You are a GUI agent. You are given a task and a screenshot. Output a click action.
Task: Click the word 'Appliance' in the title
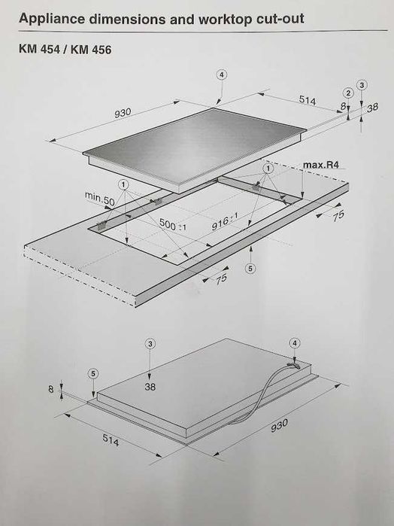coord(52,19)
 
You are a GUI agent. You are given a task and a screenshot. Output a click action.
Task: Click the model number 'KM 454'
coord(39,50)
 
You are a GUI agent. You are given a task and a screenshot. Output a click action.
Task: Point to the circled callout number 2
coord(348,93)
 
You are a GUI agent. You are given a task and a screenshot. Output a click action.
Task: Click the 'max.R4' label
coord(321,165)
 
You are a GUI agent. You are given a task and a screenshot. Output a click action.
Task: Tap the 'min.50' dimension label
coord(99,198)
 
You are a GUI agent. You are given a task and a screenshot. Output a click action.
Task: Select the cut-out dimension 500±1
coord(173,224)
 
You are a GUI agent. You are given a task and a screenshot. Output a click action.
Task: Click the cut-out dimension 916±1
coord(225,222)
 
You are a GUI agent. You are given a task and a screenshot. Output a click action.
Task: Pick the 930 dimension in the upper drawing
coord(123,113)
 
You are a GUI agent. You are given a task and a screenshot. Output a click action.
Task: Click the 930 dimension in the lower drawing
coord(279,425)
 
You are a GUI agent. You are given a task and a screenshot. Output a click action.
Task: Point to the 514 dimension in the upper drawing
coord(308,100)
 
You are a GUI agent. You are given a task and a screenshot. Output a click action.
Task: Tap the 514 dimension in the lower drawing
coord(111,440)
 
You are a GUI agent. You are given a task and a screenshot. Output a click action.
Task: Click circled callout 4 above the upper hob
coord(221,74)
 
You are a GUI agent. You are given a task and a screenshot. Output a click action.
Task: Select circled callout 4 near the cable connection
coord(295,343)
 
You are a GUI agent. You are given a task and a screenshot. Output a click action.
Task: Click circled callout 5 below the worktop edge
coord(250,268)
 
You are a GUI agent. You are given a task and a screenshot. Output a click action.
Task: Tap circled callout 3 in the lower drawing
coord(150,343)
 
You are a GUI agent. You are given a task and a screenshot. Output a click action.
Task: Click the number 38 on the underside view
coord(150,387)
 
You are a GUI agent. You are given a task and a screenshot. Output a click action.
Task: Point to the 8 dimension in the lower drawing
coord(51,389)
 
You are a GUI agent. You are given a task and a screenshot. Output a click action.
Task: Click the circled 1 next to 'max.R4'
coord(268,169)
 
